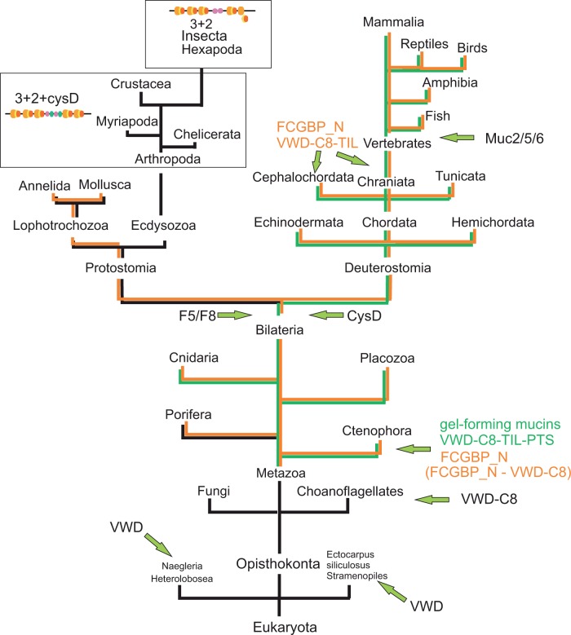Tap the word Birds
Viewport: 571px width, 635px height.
tap(471, 48)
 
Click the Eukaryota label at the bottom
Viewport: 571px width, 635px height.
tap(278, 626)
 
